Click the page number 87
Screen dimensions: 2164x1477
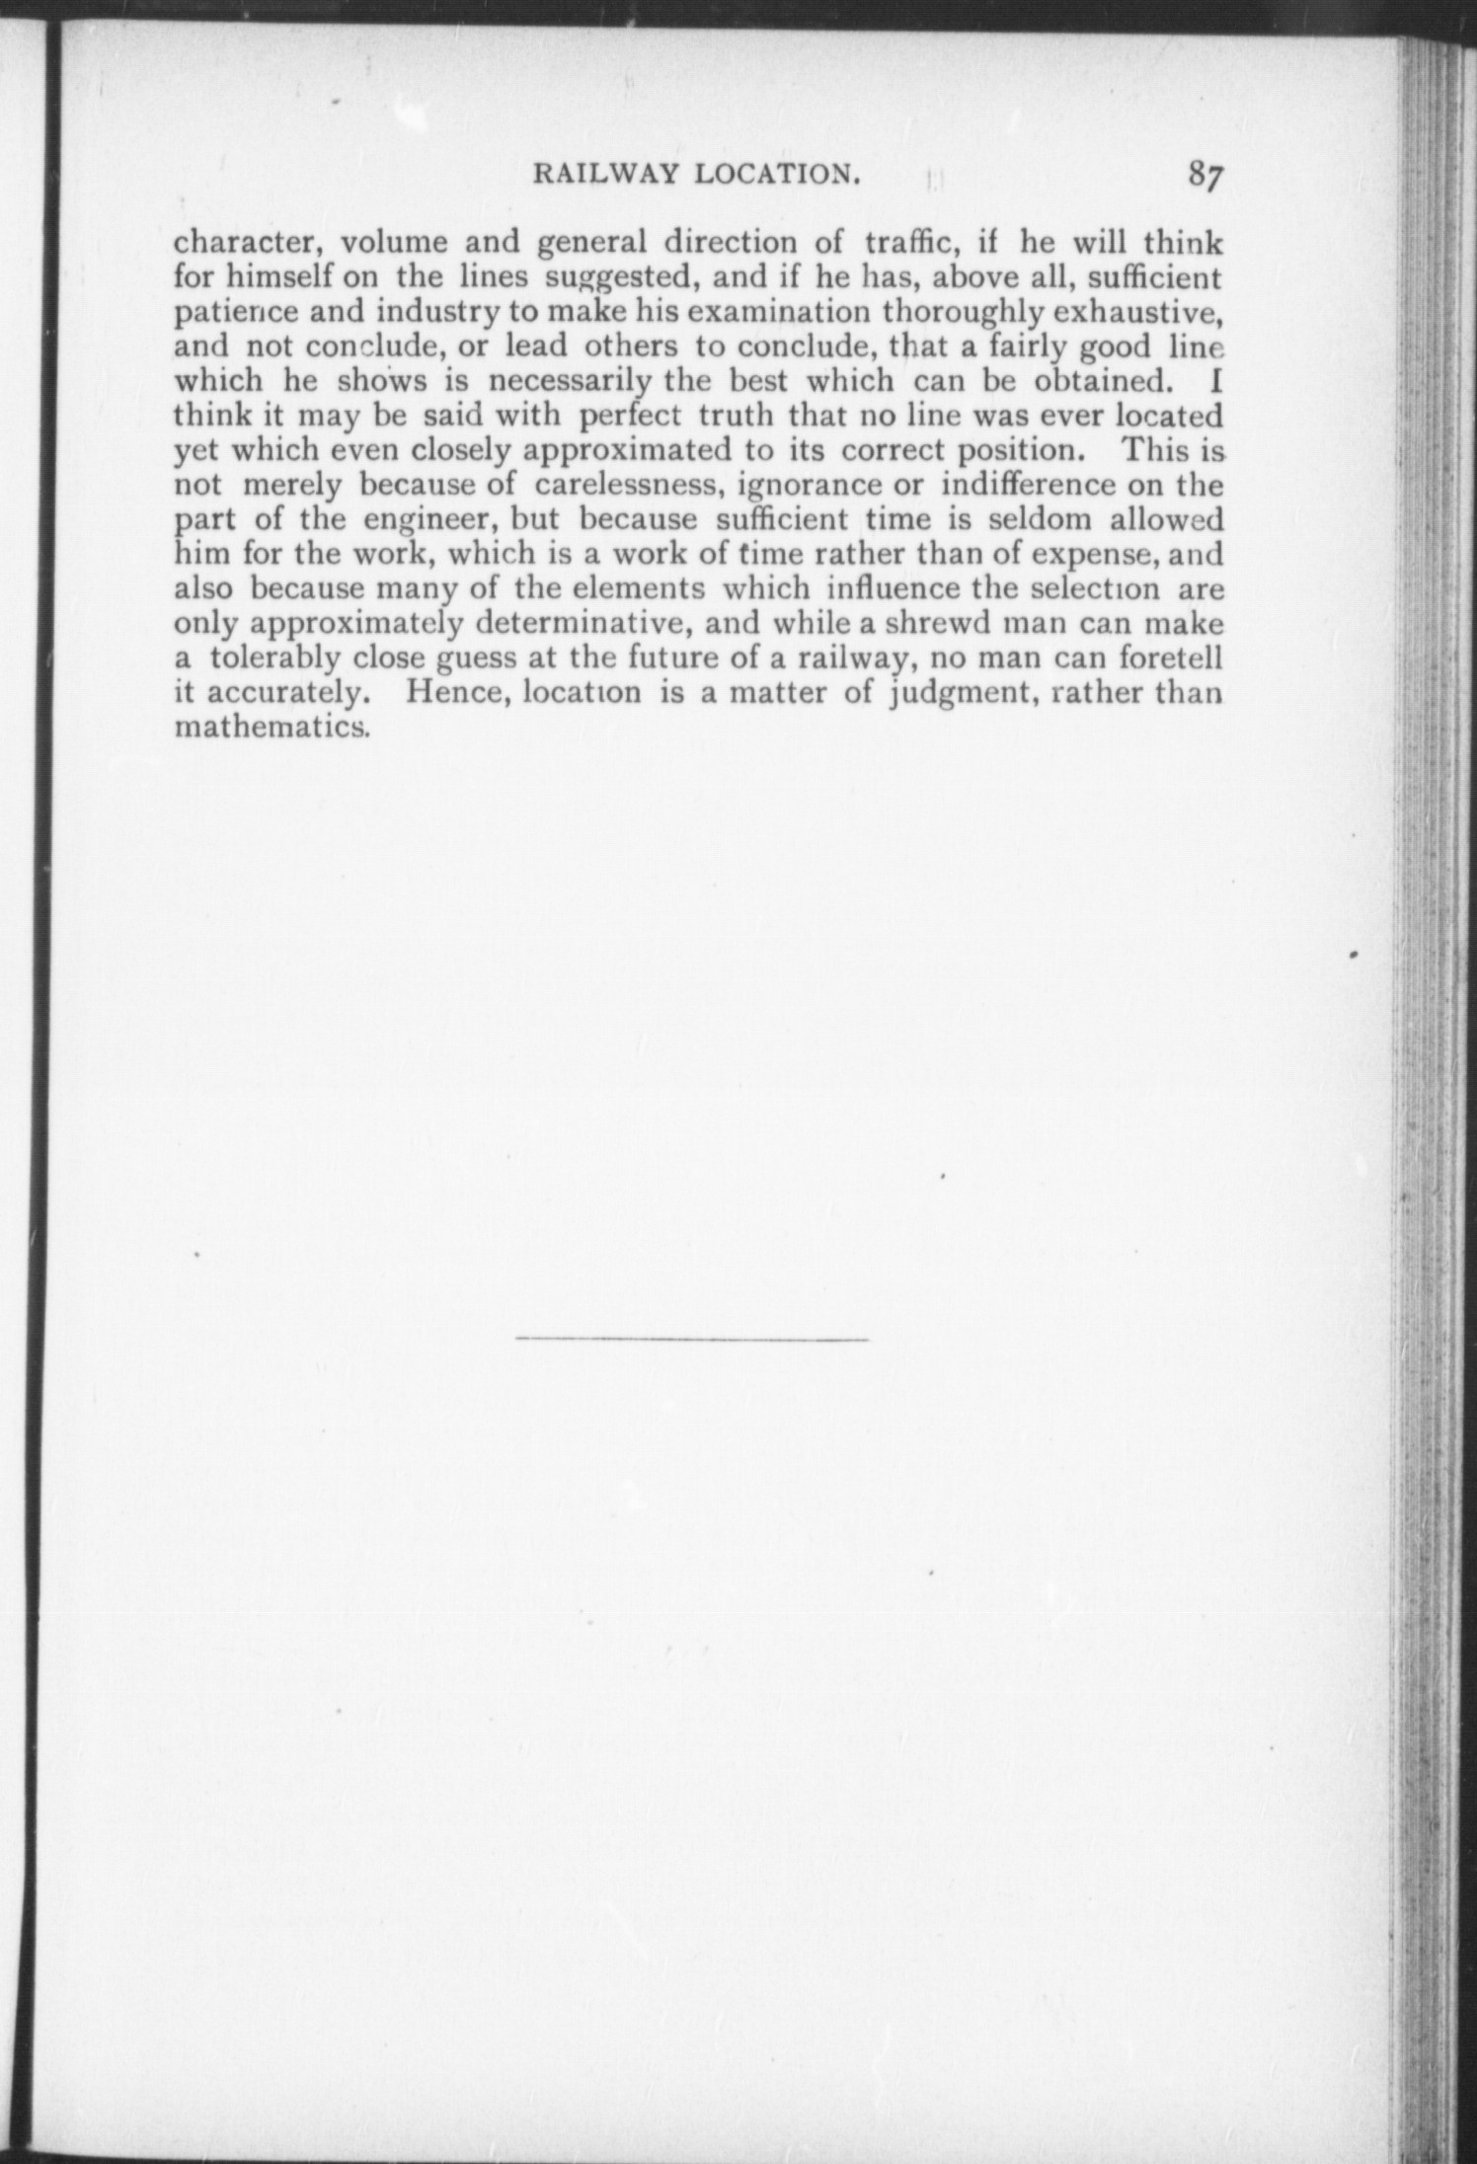[x=1205, y=178]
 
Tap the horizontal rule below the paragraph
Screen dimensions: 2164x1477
[x=691, y=1340]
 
